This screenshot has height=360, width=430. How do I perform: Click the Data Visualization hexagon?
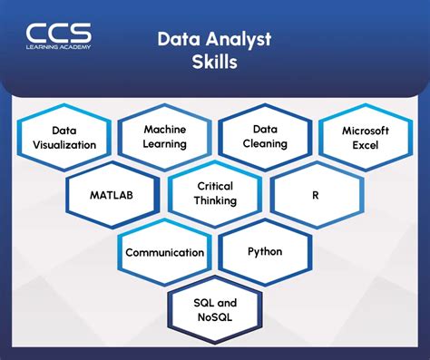point(63,137)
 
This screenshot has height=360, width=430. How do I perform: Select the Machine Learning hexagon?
point(164,137)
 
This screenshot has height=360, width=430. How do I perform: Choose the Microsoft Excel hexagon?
point(366,137)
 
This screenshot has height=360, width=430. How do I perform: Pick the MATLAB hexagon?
point(111,194)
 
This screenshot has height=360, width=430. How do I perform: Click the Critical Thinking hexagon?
point(215,194)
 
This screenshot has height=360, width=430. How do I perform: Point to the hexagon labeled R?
point(316,194)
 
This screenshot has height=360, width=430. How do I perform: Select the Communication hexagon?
point(164,251)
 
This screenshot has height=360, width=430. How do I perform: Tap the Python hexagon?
point(265,251)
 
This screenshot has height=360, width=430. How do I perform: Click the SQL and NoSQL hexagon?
point(215,308)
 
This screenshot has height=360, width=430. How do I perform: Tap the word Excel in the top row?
point(366,144)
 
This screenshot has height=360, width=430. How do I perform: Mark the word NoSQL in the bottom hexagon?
point(215,316)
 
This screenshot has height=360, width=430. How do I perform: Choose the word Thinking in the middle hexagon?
point(215,201)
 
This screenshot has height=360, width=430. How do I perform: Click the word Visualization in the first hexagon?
point(63,144)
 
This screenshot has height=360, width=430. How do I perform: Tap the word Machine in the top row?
point(164,130)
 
